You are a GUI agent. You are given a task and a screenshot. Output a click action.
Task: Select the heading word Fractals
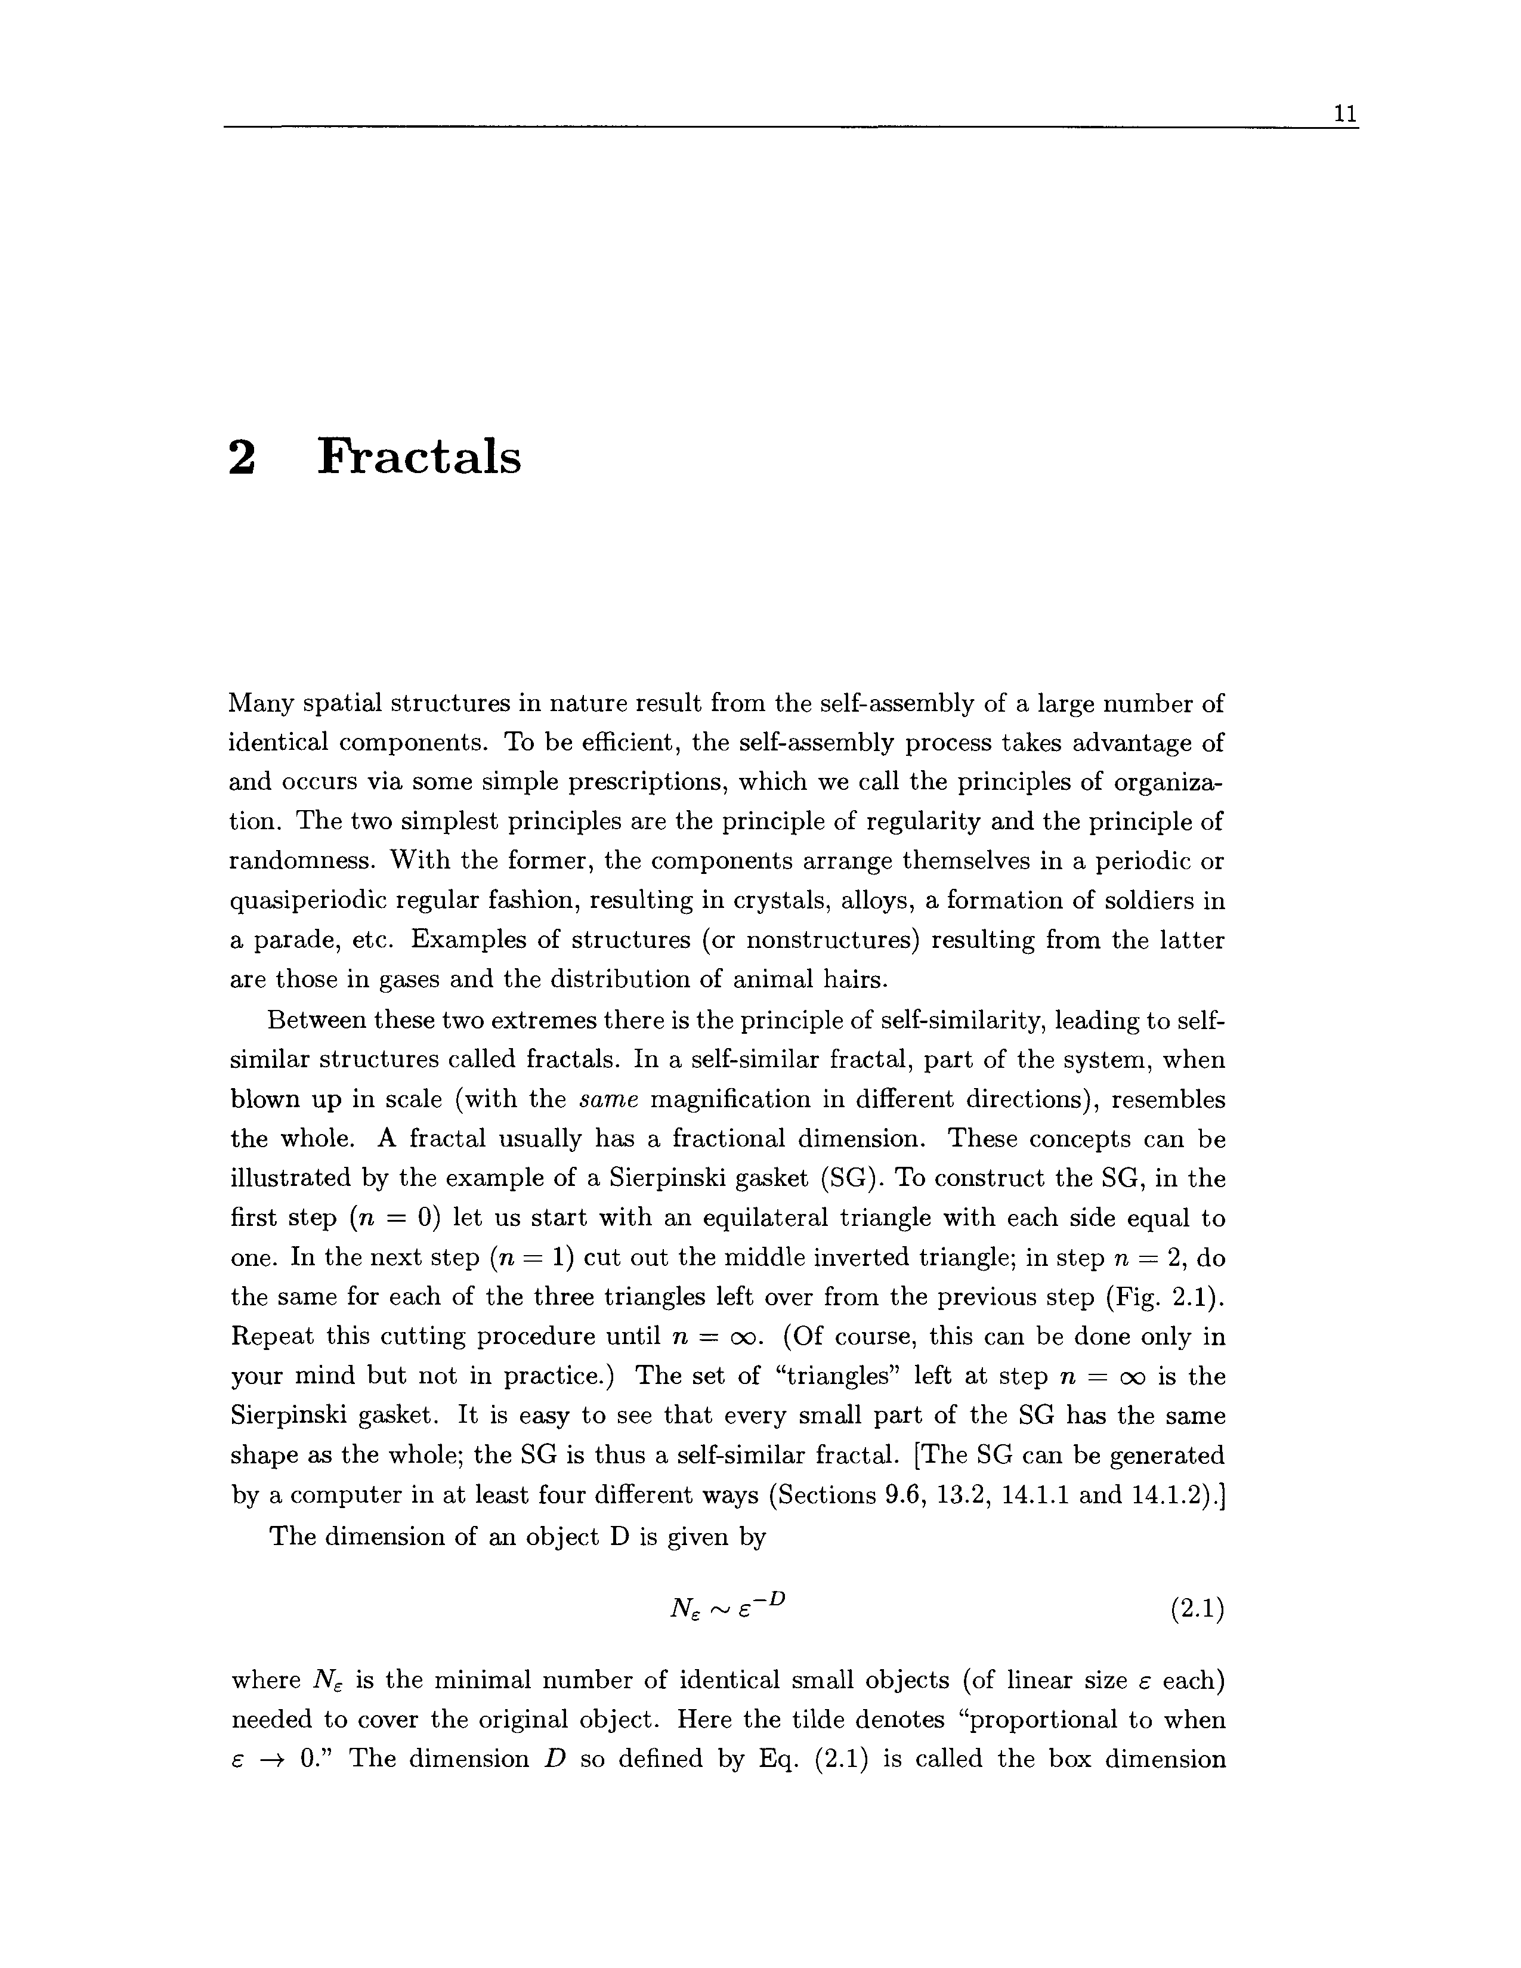pos(420,457)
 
